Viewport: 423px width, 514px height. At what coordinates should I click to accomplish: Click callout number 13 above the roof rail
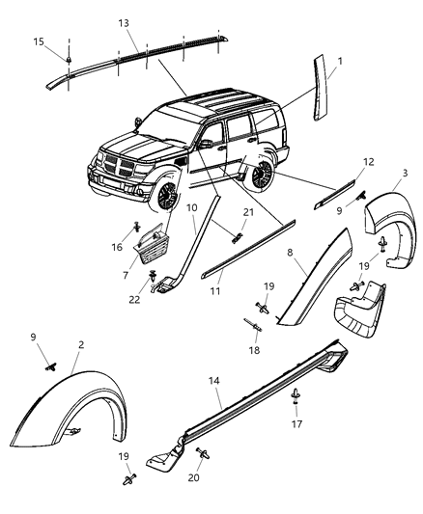click(x=123, y=23)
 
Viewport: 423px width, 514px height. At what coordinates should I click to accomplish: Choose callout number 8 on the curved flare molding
click(x=289, y=252)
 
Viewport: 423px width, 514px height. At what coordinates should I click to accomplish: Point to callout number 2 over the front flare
click(x=82, y=342)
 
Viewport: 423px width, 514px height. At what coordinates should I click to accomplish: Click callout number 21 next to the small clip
click(x=248, y=212)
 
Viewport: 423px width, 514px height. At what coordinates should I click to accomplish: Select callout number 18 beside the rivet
click(x=255, y=353)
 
